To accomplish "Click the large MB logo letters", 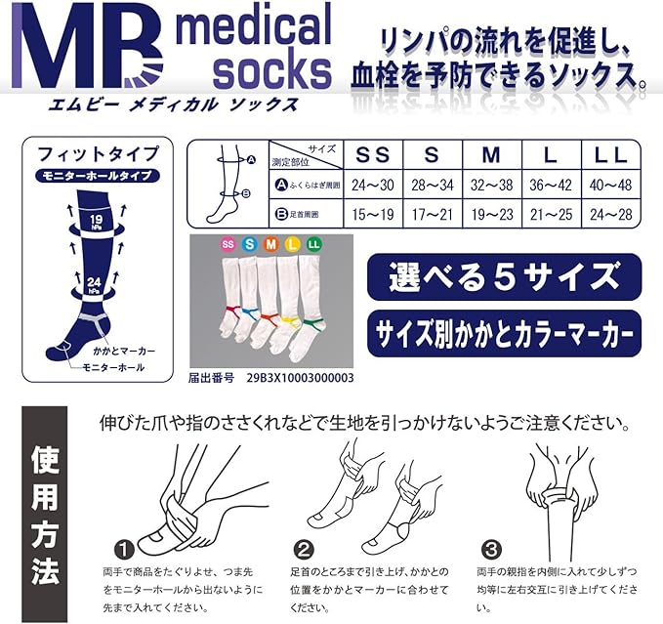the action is [x=87, y=47].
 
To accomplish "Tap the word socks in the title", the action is [x=271, y=72].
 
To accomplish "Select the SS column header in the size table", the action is [x=372, y=154].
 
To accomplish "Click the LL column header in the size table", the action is [x=610, y=155].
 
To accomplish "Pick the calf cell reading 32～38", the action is [x=492, y=185].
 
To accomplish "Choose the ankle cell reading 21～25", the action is [x=551, y=214].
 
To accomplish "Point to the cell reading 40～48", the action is [x=610, y=185].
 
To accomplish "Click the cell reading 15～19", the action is [x=373, y=214].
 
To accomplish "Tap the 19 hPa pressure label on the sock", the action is [x=96, y=222].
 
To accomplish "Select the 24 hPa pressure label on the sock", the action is [x=95, y=284].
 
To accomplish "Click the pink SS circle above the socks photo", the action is [x=228, y=244].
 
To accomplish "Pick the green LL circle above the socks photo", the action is [x=313, y=244].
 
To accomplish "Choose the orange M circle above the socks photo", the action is [x=271, y=244].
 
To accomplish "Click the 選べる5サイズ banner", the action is [x=504, y=277].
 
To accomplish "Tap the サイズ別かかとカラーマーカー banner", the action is [x=504, y=334].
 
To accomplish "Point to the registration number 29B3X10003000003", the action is [x=300, y=378].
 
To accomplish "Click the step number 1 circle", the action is [x=125, y=550].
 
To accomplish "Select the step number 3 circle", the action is [x=491, y=550].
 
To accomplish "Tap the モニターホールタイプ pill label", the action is [x=98, y=176].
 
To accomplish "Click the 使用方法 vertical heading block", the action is [x=44, y=514].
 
